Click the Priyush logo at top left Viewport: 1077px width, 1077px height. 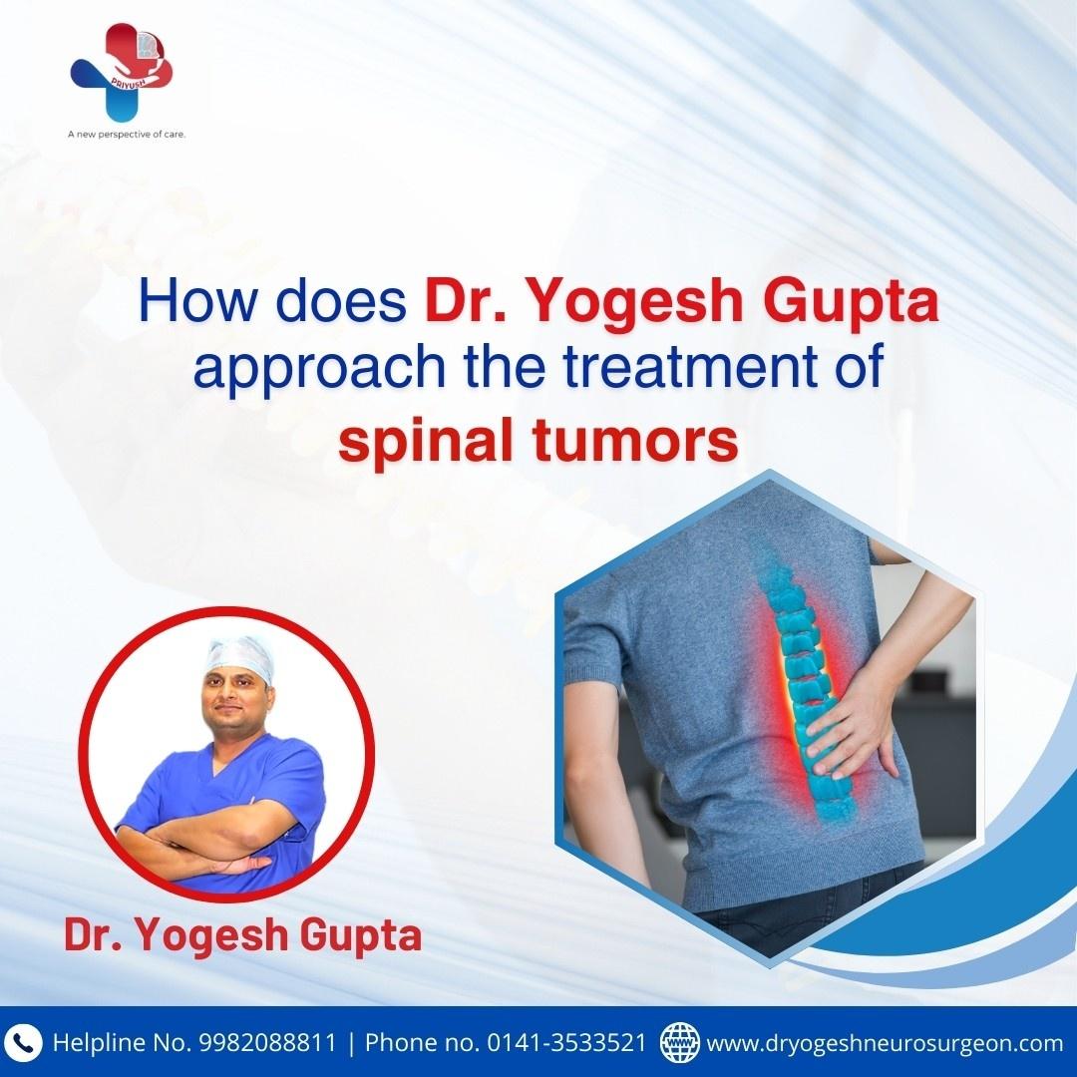(122, 72)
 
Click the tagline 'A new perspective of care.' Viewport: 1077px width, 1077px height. (127, 135)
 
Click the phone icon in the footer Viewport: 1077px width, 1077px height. (23, 1043)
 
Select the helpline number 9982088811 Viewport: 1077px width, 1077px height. (268, 1043)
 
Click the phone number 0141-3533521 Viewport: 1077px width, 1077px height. (566, 1043)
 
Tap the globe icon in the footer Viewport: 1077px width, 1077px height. (679, 1042)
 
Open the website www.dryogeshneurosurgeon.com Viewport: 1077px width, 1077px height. (885, 1044)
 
